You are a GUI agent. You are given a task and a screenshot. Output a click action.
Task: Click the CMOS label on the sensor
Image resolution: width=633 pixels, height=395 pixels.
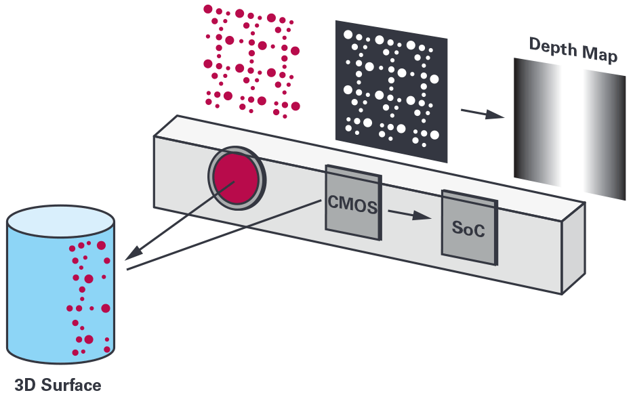pos(353,204)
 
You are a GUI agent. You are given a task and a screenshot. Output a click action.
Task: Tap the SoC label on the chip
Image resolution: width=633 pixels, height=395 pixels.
pos(468,229)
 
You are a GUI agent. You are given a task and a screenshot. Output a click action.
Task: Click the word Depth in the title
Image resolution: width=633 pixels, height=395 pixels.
pos(553,47)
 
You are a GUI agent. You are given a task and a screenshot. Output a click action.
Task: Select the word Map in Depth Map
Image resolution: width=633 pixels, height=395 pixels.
pos(600,54)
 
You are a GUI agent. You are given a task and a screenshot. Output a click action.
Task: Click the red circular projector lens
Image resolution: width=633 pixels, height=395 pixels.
pos(236,179)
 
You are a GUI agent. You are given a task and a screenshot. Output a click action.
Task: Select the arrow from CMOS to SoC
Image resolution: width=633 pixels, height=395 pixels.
pos(409,214)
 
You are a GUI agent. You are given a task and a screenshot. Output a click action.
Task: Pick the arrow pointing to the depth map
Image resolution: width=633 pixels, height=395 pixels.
pos(483,113)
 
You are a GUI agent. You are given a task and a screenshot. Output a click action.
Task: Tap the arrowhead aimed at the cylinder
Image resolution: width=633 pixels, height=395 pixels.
pos(134,253)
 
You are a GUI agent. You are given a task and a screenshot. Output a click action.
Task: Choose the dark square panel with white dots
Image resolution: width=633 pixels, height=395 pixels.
pos(391,91)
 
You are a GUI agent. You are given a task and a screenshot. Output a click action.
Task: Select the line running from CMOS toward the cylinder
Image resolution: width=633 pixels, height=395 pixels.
pos(224,234)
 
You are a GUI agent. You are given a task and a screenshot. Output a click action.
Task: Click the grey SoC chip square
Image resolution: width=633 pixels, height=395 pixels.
pos(470,228)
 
